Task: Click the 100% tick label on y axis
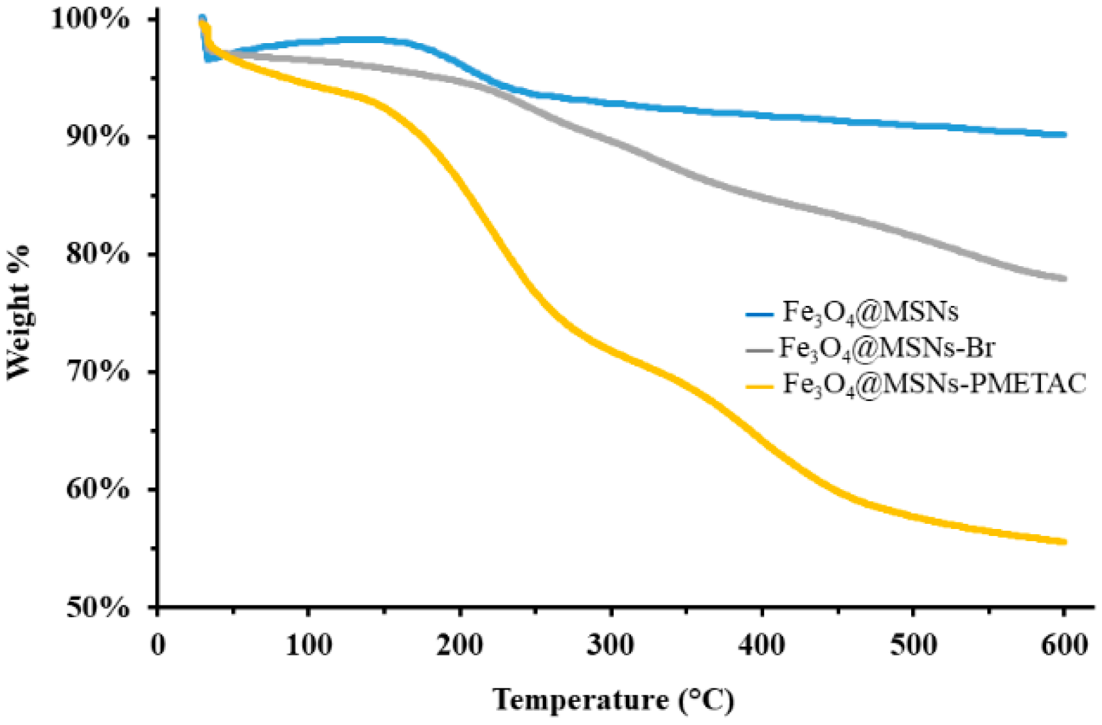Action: point(90,19)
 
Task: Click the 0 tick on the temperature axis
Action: point(158,645)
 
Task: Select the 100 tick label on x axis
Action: point(308,645)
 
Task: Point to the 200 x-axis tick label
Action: point(460,645)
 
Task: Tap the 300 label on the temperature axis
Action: point(610,645)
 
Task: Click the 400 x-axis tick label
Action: point(762,645)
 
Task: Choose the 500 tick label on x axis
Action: point(913,645)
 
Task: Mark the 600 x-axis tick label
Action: point(1064,645)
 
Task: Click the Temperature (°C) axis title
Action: point(613,699)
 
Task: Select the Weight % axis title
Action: point(19,312)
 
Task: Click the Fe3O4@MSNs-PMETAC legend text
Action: point(934,384)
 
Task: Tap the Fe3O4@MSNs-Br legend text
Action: point(887,348)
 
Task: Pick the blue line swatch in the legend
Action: point(759,314)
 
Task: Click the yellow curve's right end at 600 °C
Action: point(1063,542)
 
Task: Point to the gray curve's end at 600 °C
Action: point(1063,278)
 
